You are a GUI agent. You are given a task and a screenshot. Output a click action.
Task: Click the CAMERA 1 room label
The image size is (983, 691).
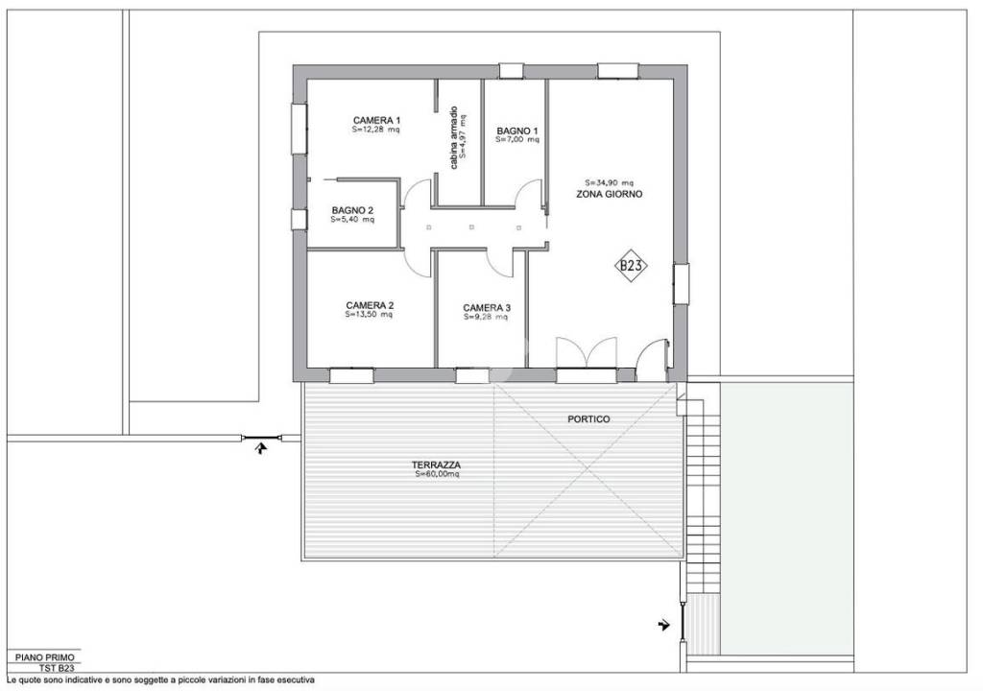(376, 120)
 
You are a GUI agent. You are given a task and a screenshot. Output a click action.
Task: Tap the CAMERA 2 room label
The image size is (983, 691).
(370, 305)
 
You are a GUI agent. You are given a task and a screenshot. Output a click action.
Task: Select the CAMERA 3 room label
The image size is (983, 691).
(487, 308)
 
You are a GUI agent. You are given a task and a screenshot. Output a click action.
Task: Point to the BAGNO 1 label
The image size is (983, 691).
(517, 131)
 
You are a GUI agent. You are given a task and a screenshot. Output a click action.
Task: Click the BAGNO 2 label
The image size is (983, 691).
(352, 211)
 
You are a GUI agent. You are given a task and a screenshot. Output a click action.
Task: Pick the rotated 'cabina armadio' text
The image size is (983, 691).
(454, 137)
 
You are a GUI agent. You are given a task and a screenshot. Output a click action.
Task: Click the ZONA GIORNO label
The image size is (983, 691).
(609, 195)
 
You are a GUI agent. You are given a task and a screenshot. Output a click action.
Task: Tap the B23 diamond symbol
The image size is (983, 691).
(631, 266)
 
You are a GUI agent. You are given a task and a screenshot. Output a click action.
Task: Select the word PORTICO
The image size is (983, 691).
(588, 418)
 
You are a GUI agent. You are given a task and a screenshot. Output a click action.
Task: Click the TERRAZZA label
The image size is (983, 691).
(437, 465)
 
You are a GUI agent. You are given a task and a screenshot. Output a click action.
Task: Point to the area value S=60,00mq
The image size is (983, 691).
(437, 475)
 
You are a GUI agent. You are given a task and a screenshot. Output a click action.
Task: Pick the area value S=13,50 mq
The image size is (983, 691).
(370, 314)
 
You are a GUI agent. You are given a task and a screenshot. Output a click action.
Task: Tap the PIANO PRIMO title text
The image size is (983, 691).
(44, 657)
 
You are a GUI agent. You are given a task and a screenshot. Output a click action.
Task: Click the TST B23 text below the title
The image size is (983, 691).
(57, 668)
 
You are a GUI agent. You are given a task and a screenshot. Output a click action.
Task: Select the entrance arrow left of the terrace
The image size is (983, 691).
(261, 447)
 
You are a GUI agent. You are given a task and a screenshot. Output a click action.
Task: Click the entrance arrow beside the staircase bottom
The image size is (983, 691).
(664, 625)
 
